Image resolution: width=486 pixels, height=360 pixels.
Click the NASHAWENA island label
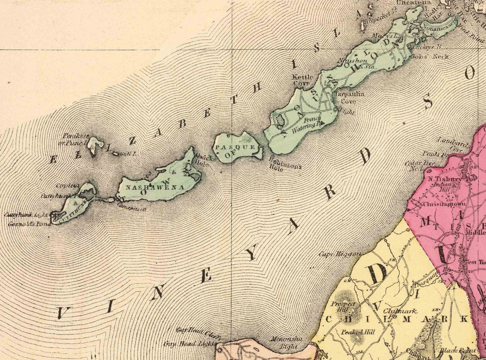[x=152, y=187]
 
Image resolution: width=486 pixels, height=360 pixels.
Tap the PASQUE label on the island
[x=235, y=147]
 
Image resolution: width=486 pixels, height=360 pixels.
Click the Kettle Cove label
[x=302, y=80]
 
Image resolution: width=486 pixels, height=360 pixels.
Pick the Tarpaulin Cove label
[x=350, y=96]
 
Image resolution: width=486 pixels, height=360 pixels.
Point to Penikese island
[x=94, y=145]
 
